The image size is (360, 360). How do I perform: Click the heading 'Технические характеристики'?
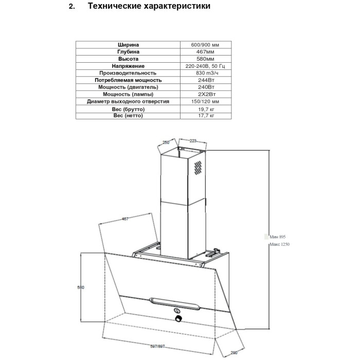click(149, 6)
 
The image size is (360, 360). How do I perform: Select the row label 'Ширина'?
click(128, 45)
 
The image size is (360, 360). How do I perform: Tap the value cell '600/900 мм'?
click(205, 45)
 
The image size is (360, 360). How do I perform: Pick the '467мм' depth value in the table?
click(205, 52)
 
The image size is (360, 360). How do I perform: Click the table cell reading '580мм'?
click(205, 59)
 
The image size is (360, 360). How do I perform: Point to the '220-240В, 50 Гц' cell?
click(205, 66)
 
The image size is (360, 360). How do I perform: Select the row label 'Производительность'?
click(128, 73)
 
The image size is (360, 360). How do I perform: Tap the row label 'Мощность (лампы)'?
click(128, 94)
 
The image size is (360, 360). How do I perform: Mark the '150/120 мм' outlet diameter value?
click(205, 101)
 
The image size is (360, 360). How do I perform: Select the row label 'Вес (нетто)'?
click(128, 116)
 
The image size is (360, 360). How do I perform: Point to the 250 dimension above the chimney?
click(166, 142)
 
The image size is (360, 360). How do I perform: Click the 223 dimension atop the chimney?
click(193, 141)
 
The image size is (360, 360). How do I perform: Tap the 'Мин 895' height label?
click(278, 237)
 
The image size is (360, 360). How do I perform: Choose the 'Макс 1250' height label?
click(279, 244)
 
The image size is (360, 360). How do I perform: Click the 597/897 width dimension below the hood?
click(157, 346)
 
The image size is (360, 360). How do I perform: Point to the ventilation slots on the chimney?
click(198, 168)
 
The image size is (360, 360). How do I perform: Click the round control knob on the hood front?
click(178, 318)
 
